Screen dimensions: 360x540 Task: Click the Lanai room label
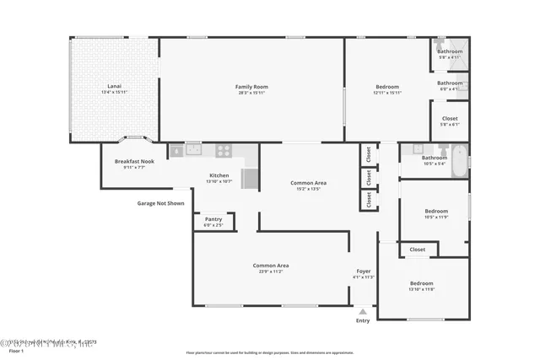113,87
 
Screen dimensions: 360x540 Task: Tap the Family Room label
251,87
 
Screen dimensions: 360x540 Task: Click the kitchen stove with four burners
224,151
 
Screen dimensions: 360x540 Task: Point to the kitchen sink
193,151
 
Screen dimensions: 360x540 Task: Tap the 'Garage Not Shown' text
160,203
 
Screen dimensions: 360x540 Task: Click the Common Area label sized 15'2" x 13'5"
308,183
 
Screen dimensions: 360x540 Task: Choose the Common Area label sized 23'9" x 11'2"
272,266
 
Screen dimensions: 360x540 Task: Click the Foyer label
364,271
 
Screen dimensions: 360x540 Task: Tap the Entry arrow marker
363,312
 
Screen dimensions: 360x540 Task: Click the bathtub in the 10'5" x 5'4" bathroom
459,161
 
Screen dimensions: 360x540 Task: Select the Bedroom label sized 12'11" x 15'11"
387,87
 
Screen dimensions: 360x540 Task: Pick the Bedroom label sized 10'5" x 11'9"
435,211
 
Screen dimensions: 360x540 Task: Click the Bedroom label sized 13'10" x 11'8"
421,283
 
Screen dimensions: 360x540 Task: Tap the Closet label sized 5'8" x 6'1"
449,119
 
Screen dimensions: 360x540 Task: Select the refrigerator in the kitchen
251,179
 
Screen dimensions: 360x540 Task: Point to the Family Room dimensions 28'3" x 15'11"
251,93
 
